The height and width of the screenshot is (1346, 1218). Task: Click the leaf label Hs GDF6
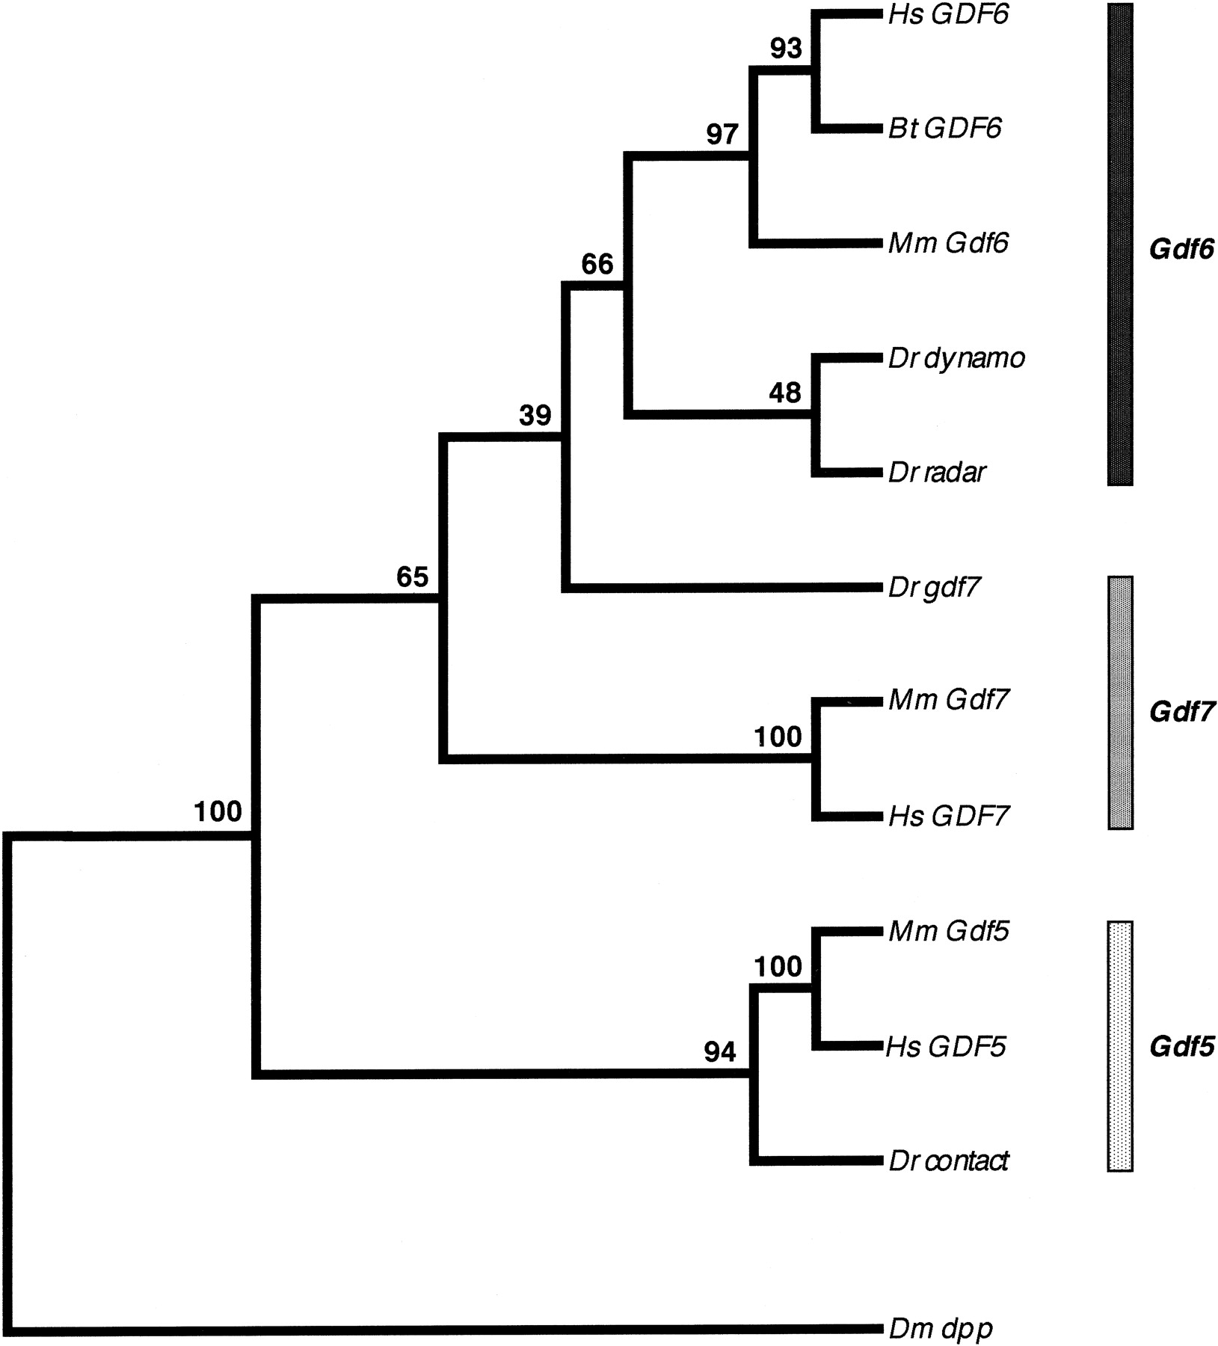point(948,14)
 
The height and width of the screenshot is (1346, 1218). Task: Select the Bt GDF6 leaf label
point(944,129)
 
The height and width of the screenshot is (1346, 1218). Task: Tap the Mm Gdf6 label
point(948,243)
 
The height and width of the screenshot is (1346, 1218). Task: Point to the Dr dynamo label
point(956,359)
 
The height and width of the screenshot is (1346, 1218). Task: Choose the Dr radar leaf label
point(937,473)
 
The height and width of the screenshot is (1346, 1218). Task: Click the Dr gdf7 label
point(933,589)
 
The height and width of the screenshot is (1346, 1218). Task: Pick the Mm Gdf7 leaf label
point(948,700)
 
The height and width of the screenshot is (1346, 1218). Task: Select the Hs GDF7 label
point(948,815)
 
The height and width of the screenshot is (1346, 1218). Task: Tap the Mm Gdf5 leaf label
point(948,931)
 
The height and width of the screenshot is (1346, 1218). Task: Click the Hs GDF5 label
point(946,1046)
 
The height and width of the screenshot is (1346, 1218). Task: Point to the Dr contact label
point(948,1161)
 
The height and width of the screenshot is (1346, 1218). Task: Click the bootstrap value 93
point(786,49)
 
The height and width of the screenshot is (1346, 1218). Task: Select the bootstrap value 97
point(722,135)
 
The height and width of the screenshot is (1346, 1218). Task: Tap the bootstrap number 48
point(784,393)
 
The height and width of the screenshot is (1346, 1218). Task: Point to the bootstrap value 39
point(535,416)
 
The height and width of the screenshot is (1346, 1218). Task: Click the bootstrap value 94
point(719,1053)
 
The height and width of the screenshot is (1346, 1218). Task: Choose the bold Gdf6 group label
point(1181,249)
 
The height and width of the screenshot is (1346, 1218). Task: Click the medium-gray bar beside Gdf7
point(1119,702)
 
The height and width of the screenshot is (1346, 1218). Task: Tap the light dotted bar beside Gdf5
point(1119,1045)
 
